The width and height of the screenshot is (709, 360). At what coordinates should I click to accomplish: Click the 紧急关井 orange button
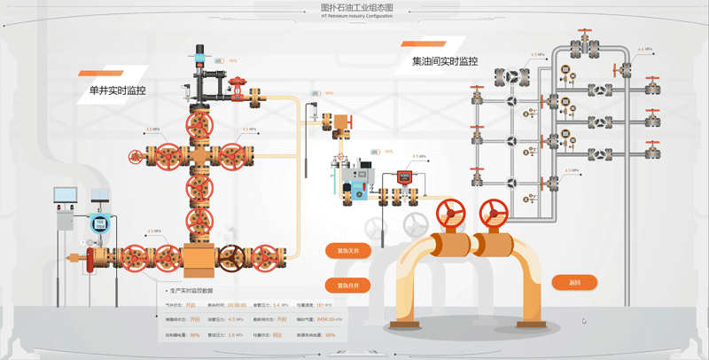coord(347,251)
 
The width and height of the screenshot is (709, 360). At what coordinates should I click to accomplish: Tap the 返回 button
coord(574,283)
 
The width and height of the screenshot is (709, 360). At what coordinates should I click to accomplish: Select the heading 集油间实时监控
coord(445,62)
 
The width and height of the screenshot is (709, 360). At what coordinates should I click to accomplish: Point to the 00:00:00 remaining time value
coord(230,304)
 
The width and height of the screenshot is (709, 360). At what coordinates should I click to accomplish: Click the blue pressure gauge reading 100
coord(100,223)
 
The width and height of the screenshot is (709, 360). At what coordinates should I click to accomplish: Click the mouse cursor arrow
coord(583,322)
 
